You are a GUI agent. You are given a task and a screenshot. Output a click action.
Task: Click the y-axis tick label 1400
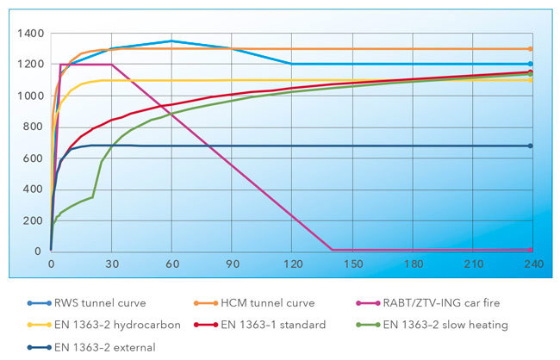pos(28,33)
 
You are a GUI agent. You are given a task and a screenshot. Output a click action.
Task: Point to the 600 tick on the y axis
pos(31,158)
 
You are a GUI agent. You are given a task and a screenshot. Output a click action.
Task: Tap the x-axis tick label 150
pos(353,264)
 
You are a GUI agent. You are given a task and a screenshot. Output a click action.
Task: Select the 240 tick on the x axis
pos(532,264)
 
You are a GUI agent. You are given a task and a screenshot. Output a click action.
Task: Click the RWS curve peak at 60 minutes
pos(171,40)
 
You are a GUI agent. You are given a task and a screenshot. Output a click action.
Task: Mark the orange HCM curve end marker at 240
pos(531,49)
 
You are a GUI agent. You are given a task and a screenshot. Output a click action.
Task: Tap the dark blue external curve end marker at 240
pos(531,146)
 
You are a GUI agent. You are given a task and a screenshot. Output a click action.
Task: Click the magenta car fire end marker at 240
pos(531,250)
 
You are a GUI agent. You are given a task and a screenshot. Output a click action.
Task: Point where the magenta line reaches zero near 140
pos(332,250)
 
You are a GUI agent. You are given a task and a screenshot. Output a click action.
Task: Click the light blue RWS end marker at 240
pos(531,64)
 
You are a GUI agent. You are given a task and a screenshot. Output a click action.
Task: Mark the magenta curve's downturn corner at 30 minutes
pos(111,64)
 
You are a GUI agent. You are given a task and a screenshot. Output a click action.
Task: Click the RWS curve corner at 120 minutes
pos(292,64)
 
